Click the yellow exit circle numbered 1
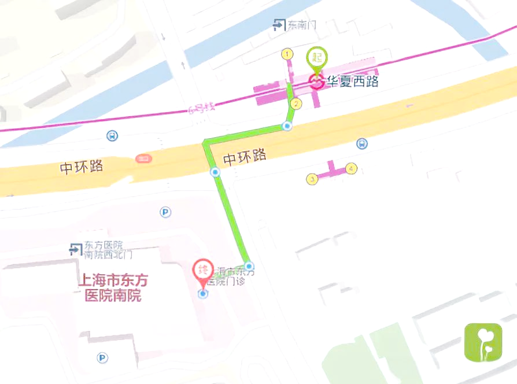pyautogui.click(x=286, y=54)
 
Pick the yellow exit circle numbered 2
pyautogui.click(x=296, y=104)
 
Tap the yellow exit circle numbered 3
pyautogui.click(x=312, y=179)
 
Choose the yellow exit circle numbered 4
pyautogui.click(x=351, y=169)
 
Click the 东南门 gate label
pyautogui.click(x=302, y=25)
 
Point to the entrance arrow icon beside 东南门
pyautogui.click(x=279, y=24)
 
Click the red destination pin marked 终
pyautogui.click(x=202, y=271)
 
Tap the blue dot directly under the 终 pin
pyautogui.click(x=202, y=294)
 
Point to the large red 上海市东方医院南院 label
pyautogui.click(x=113, y=288)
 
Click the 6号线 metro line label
pyautogui.click(x=201, y=108)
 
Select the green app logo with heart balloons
pyautogui.click(x=483, y=342)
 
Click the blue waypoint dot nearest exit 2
pyautogui.click(x=287, y=126)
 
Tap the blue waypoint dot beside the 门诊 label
pyautogui.click(x=249, y=266)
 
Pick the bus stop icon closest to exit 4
pyautogui.click(x=361, y=143)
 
